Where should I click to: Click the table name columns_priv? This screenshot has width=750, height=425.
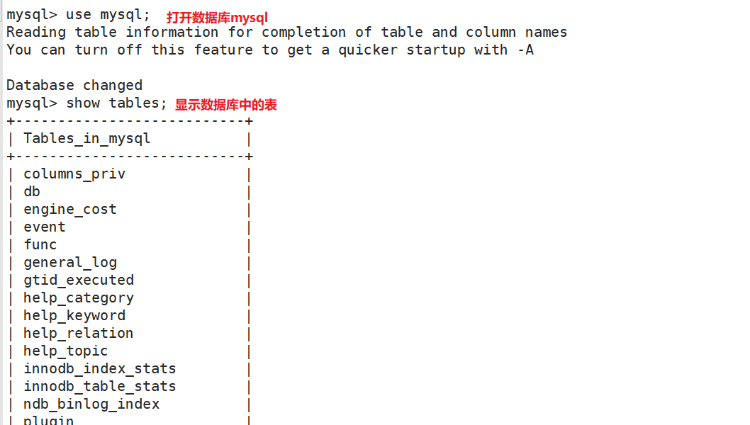coord(74,174)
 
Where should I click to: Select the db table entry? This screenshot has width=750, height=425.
coord(32,192)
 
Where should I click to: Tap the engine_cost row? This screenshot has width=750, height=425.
coord(70,210)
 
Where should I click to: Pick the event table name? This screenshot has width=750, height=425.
coord(45,227)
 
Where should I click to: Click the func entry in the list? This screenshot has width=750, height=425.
coord(40,245)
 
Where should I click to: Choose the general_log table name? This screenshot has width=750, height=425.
coord(70,263)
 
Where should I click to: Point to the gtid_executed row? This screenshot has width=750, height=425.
coord(79,280)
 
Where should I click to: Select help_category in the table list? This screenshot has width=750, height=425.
coord(79,298)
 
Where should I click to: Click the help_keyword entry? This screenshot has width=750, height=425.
coord(74,316)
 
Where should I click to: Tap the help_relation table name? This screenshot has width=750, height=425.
coord(79,334)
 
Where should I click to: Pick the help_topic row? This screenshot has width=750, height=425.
coord(66,351)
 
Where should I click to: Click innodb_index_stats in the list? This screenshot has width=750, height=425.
coord(100,369)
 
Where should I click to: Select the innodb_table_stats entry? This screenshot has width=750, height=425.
coord(100,387)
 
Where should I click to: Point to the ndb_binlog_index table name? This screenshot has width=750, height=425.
coord(91,404)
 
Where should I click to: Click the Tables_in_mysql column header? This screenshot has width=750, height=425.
coord(87,139)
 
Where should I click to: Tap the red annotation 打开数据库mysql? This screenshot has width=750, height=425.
coord(217,17)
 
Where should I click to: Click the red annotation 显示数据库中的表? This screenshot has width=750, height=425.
coord(226,105)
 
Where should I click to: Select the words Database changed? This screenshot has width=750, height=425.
coord(74,86)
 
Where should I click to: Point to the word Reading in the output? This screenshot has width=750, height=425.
coord(36,33)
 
